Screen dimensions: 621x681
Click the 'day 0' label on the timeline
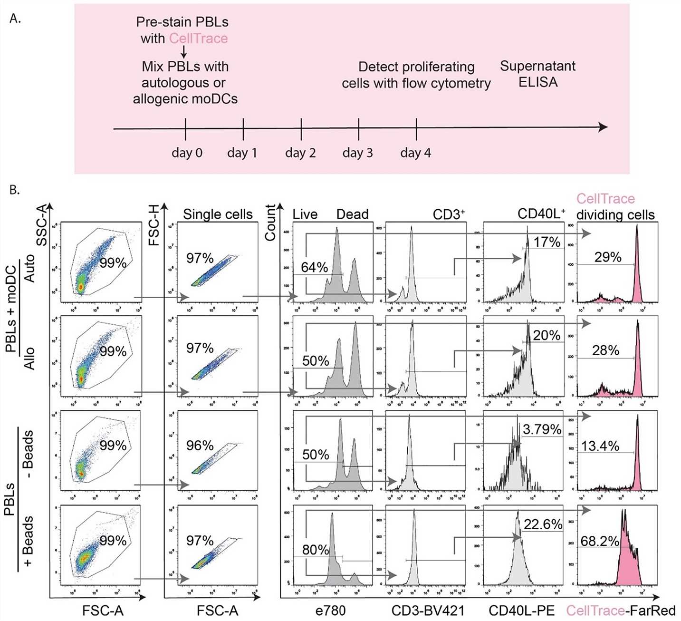(187, 153)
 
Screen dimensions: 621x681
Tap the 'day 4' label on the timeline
(415, 153)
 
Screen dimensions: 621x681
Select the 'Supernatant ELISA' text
(537, 74)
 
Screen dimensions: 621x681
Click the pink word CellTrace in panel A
(198, 39)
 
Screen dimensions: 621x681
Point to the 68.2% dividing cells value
(600, 541)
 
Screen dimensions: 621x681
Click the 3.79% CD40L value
(542, 429)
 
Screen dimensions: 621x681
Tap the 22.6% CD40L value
(543, 524)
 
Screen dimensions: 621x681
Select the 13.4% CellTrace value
(600, 446)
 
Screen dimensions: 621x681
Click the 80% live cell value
(316, 550)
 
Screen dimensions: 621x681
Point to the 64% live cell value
(314, 267)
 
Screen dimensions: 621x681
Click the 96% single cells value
(200, 446)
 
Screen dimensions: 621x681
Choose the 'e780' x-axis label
(330, 611)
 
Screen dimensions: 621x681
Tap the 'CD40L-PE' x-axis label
(521, 611)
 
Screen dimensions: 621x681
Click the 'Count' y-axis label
(270, 223)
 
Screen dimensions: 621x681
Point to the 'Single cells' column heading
(218, 214)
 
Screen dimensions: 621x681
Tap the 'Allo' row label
(29, 358)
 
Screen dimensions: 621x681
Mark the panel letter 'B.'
(15, 190)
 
